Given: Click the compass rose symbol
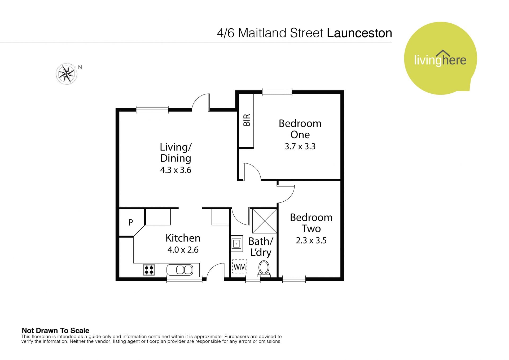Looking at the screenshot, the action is [66, 74].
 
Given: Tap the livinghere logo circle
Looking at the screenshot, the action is [440, 58].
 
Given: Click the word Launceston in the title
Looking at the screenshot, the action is [359, 33].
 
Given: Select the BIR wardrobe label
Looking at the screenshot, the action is [247, 120].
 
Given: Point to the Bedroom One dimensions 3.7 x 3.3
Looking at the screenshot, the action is [300, 146].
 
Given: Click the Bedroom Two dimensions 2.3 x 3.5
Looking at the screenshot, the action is [311, 240].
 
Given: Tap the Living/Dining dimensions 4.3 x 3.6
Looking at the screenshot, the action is [176, 170].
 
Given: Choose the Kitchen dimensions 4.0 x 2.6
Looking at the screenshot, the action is [183, 250].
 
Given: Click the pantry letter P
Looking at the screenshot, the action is [130, 222].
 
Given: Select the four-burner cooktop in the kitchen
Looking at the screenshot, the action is [149, 270].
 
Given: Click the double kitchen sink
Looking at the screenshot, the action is [183, 270].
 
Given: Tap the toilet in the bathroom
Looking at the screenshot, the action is [264, 269].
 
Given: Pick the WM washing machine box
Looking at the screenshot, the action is [240, 267].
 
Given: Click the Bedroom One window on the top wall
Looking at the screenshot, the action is [277, 92].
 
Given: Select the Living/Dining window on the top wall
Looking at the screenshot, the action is [152, 110].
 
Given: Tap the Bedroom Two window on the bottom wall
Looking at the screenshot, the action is [294, 279].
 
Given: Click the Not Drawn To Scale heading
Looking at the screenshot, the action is [55, 331].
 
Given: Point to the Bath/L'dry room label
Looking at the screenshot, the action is [261, 247].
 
